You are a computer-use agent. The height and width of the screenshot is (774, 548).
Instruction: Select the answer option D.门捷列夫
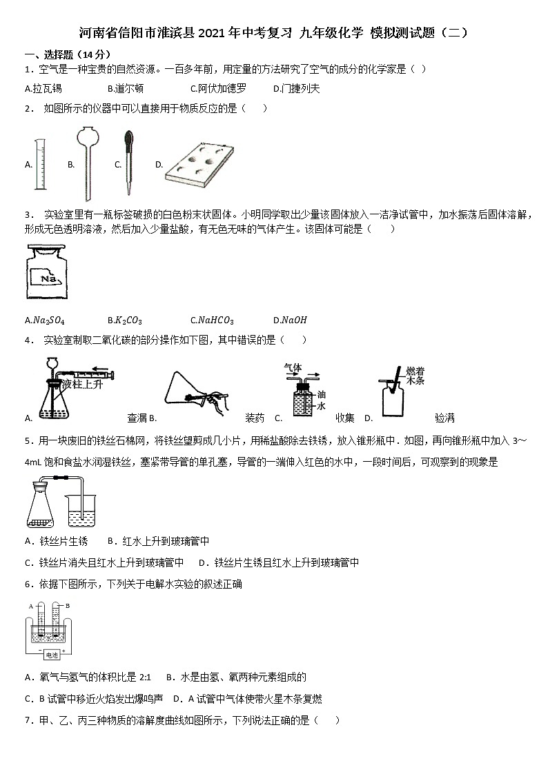pyautogui.click(x=296, y=88)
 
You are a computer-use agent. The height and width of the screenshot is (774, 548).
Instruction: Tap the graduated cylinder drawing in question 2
pyautogui.click(x=41, y=164)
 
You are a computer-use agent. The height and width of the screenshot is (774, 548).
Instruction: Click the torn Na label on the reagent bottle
pyautogui.click(x=49, y=279)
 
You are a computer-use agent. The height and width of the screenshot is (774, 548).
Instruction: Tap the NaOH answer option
pyautogui.click(x=290, y=320)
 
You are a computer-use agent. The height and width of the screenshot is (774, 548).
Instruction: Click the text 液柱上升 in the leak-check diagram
pyautogui.click(x=81, y=383)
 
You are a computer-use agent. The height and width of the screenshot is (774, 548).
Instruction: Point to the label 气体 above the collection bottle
pyautogui.click(x=293, y=368)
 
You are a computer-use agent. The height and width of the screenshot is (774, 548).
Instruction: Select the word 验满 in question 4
pyautogui.click(x=445, y=418)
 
